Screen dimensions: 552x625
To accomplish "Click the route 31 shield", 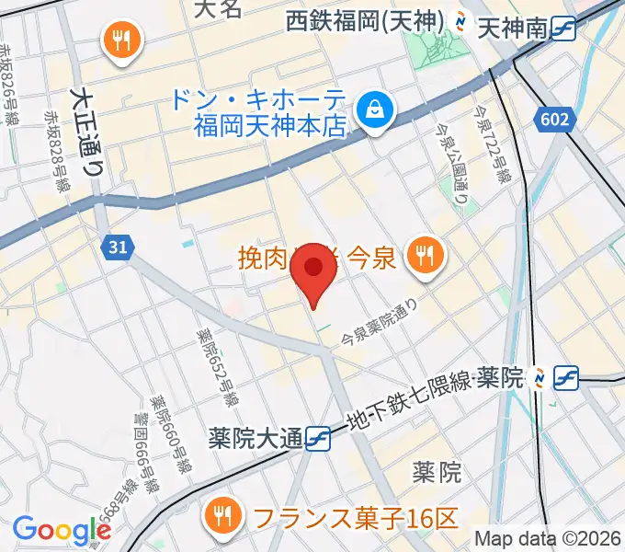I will [x=118, y=247].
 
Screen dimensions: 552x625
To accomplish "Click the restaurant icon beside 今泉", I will [x=423, y=254].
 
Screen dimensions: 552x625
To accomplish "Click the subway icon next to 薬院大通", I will [x=319, y=438].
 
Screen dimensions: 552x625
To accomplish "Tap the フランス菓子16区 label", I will [x=355, y=518].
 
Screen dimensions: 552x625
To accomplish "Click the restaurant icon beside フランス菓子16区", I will [x=222, y=513].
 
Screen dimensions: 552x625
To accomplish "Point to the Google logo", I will [x=61, y=530].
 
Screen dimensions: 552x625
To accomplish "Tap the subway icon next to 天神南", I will [x=563, y=30].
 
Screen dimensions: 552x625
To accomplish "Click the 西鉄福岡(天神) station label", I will [x=364, y=19].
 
